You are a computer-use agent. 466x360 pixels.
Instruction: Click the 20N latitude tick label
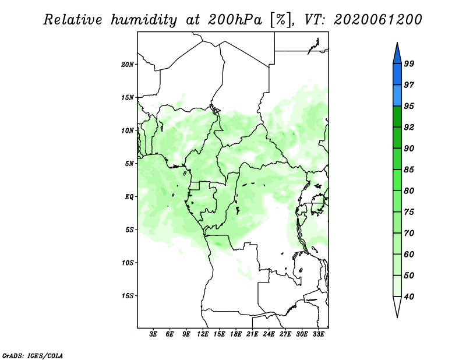click(x=128, y=64)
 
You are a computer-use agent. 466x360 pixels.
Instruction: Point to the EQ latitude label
click(x=129, y=196)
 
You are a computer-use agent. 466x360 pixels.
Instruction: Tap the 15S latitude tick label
click(x=128, y=295)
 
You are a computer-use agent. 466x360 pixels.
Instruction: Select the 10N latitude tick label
click(x=128, y=130)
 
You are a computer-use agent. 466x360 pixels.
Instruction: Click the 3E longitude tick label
click(x=153, y=334)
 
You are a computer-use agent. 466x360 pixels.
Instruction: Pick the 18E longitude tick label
click(x=236, y=334)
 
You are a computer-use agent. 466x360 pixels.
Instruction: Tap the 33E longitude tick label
click(x=318, y=334)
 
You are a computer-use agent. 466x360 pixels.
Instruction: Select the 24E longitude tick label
click(x=269, y=334)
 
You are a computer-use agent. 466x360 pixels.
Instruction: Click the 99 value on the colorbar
click(x=409, y=63)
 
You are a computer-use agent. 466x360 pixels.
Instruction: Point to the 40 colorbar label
click(x=409, y=297)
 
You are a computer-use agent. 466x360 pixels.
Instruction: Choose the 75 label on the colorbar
click(x=409, y=211)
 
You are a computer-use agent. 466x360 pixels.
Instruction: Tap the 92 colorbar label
click(x=409, y=127)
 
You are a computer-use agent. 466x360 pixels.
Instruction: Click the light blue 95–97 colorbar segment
click(x=397, y=96)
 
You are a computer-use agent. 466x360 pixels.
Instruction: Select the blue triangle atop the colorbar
click(x=397, y=54)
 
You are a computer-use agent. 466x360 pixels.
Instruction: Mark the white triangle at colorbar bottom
click(x=397, y=306)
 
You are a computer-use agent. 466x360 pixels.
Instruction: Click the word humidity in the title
click(x=144, y=20)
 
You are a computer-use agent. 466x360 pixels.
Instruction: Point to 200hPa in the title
click(x=235, y=20)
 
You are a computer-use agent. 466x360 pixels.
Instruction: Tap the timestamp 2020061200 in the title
click(x=377, y=20)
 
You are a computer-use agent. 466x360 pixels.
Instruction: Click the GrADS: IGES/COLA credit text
click(x=33, y=355)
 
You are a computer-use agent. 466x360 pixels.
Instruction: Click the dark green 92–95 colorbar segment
click(x=397, y=117)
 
